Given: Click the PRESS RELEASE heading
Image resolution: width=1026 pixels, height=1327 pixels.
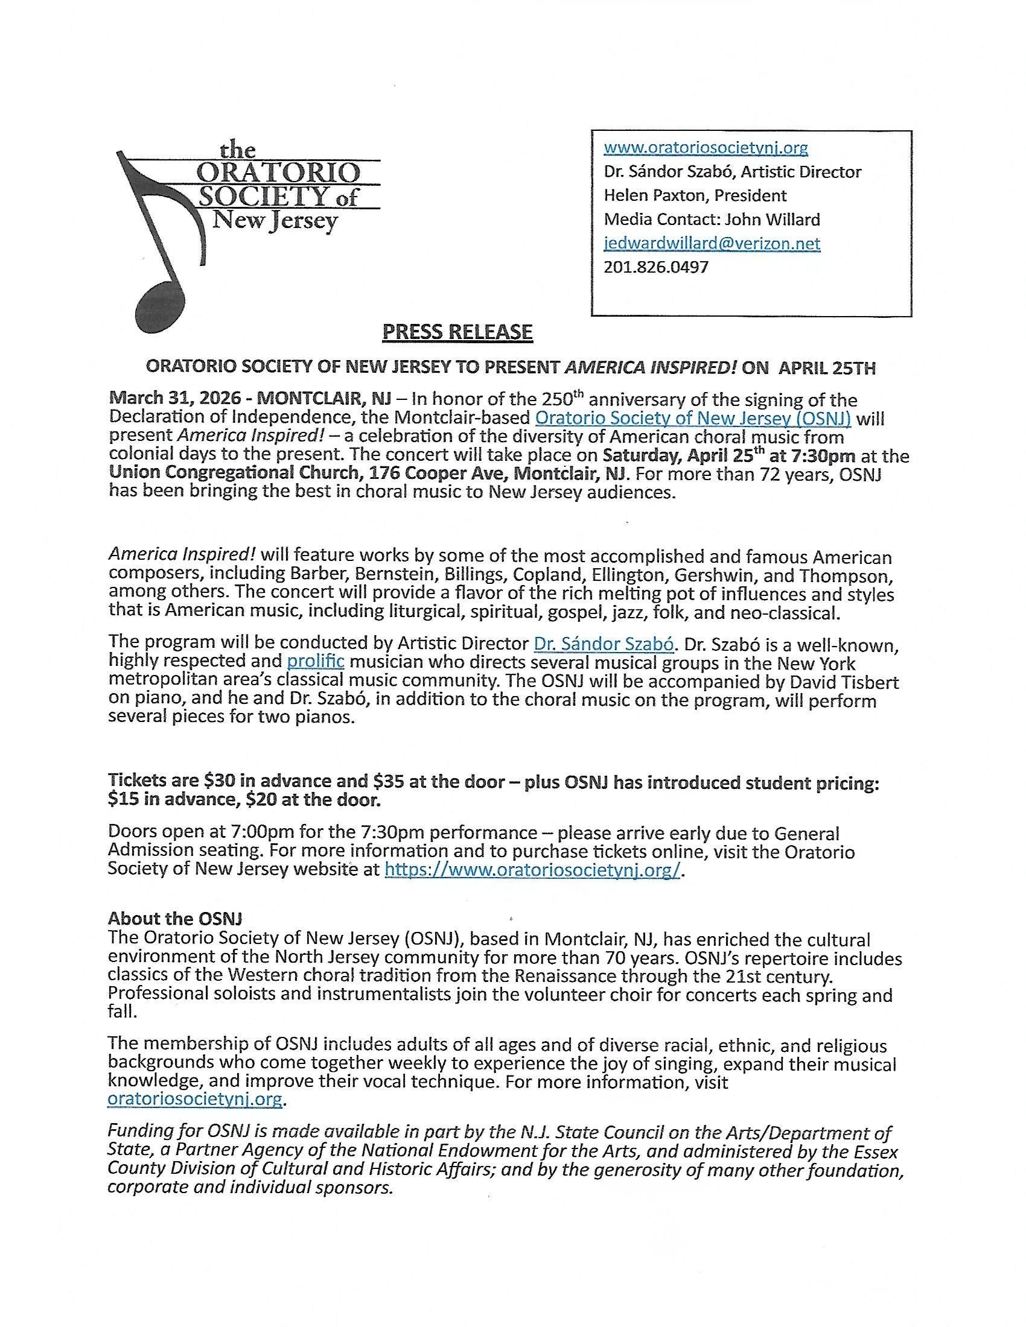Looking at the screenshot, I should tap(457, 332).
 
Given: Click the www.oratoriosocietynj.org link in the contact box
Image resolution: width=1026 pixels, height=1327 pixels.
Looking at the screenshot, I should tap(706, 148).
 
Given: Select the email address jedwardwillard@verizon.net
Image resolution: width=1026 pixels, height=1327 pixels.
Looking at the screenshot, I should tap(712, 244).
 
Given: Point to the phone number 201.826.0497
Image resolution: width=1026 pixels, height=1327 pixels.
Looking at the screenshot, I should tap(656, 267).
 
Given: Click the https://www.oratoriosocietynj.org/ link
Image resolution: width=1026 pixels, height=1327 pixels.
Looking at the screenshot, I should tap(532, 870).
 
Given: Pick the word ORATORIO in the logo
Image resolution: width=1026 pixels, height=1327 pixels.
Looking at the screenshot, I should tap(275, 174).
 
